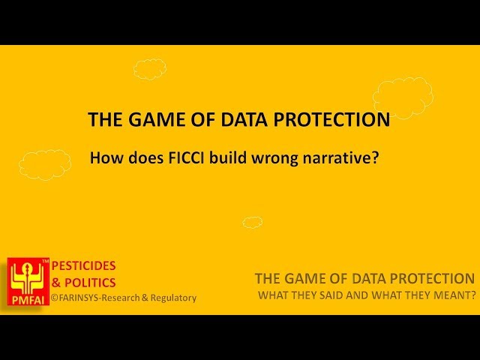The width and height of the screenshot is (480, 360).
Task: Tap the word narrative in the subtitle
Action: coord(339,158)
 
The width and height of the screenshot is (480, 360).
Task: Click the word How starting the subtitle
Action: coord(104,158)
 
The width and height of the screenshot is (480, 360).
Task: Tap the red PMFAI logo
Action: coord(28,281)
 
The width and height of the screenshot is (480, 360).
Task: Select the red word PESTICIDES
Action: coord(83,266)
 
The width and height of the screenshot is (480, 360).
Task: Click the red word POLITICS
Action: coord(89,282)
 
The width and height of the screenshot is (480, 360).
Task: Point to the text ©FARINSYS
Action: coord(82,298)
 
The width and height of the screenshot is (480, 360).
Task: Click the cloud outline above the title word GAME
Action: coord(150,69)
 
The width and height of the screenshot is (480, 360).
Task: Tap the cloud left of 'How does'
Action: coord(45,163)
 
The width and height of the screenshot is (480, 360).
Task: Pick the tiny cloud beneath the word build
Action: coord(253,222)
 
